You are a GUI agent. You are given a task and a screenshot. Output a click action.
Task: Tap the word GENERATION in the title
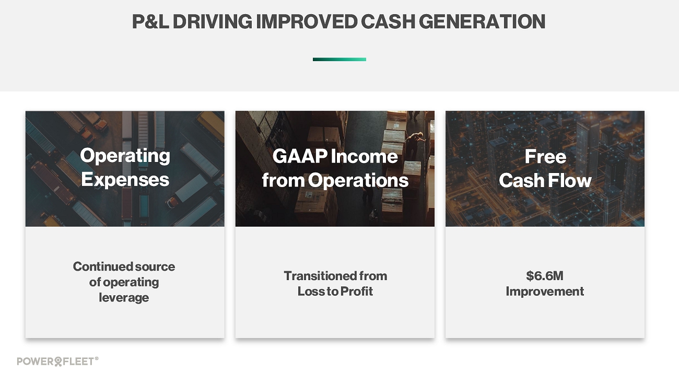click(x=482, y=21)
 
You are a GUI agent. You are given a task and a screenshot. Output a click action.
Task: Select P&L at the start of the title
click(x=150, y=21)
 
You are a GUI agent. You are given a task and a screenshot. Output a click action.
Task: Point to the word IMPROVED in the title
click(x=307, y=21)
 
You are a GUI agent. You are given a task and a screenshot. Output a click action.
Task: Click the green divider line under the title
click(x=339, y=60)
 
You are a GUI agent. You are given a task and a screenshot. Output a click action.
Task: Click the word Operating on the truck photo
click(x=125, y=156)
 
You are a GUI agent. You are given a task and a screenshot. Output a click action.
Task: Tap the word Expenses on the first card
click(x=125, y=179)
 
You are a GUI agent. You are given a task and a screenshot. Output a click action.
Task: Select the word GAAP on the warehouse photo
click(x=300, y=156)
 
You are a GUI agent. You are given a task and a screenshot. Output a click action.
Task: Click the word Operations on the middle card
click(x=358, y=181)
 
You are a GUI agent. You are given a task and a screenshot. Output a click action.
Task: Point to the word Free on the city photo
click(x=545, y=156)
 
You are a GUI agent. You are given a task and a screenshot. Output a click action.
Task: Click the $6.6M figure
click(x=545, y=276)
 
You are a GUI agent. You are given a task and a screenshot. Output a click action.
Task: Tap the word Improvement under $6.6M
click(x=545, y=292)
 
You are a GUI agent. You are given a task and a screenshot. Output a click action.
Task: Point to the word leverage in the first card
click(x=124, y=298)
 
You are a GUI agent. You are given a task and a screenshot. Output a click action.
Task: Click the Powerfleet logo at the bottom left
click(x=55, y=362)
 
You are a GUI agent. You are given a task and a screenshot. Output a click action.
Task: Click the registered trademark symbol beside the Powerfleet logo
click(x=97, y=358)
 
